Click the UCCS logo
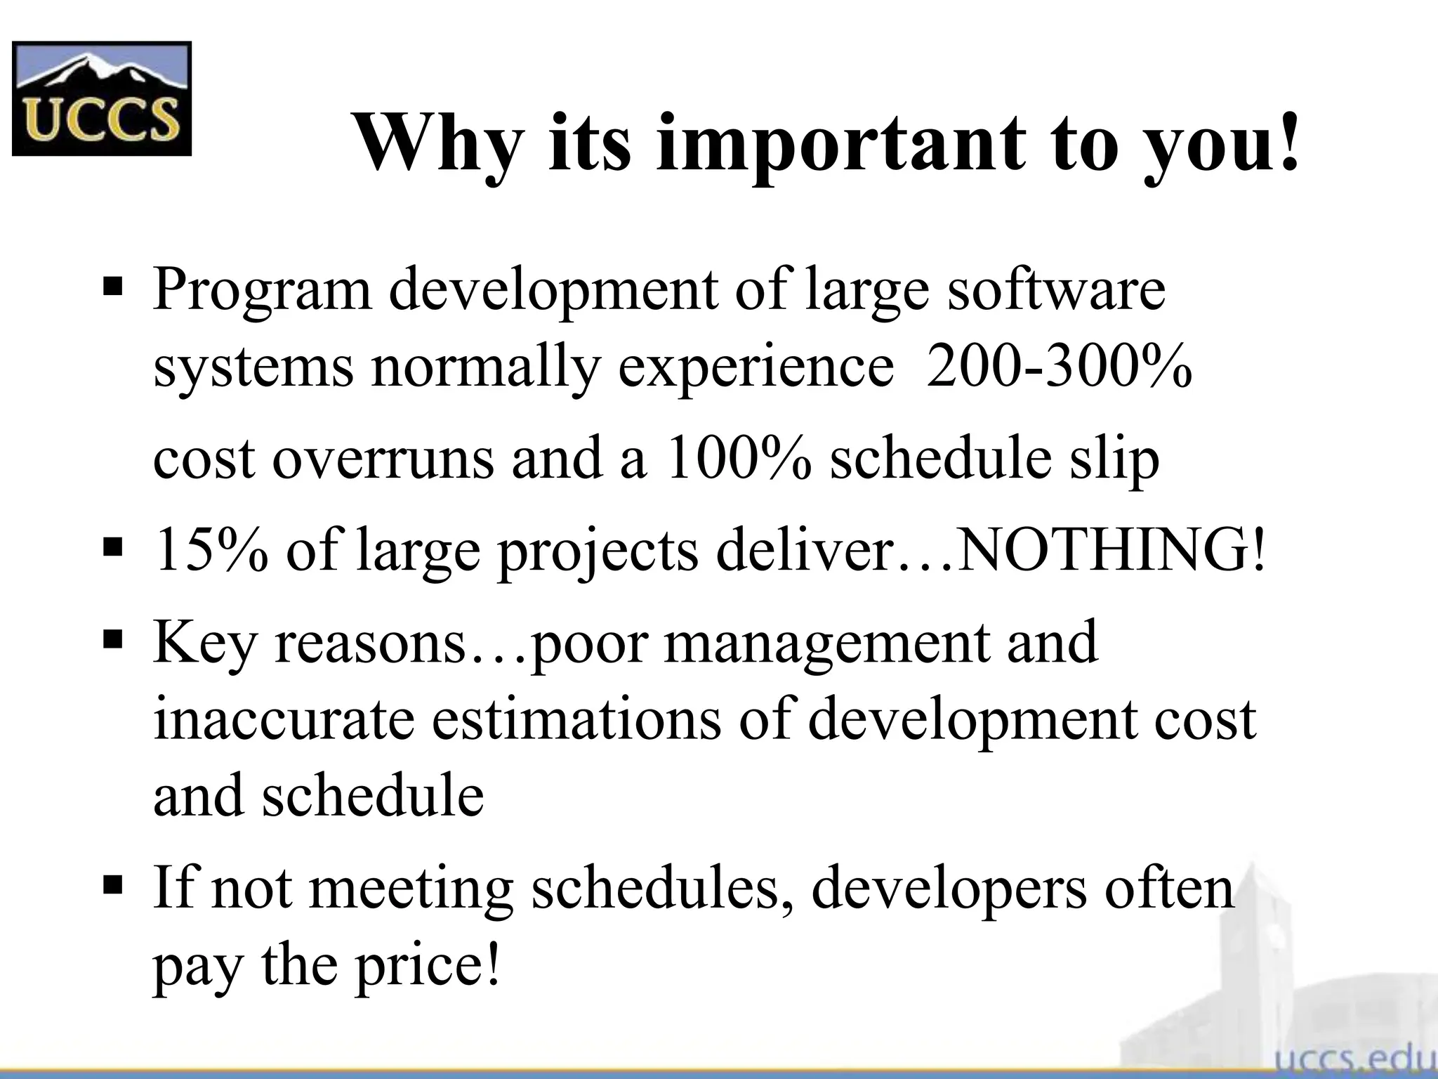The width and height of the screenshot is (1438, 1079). click(102, 98)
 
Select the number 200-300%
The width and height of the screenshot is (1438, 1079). click(1059, 367)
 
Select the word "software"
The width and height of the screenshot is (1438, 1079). click(1056, 289)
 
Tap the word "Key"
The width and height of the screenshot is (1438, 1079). click(204, 643)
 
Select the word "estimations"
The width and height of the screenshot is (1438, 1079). click(576, 720)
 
